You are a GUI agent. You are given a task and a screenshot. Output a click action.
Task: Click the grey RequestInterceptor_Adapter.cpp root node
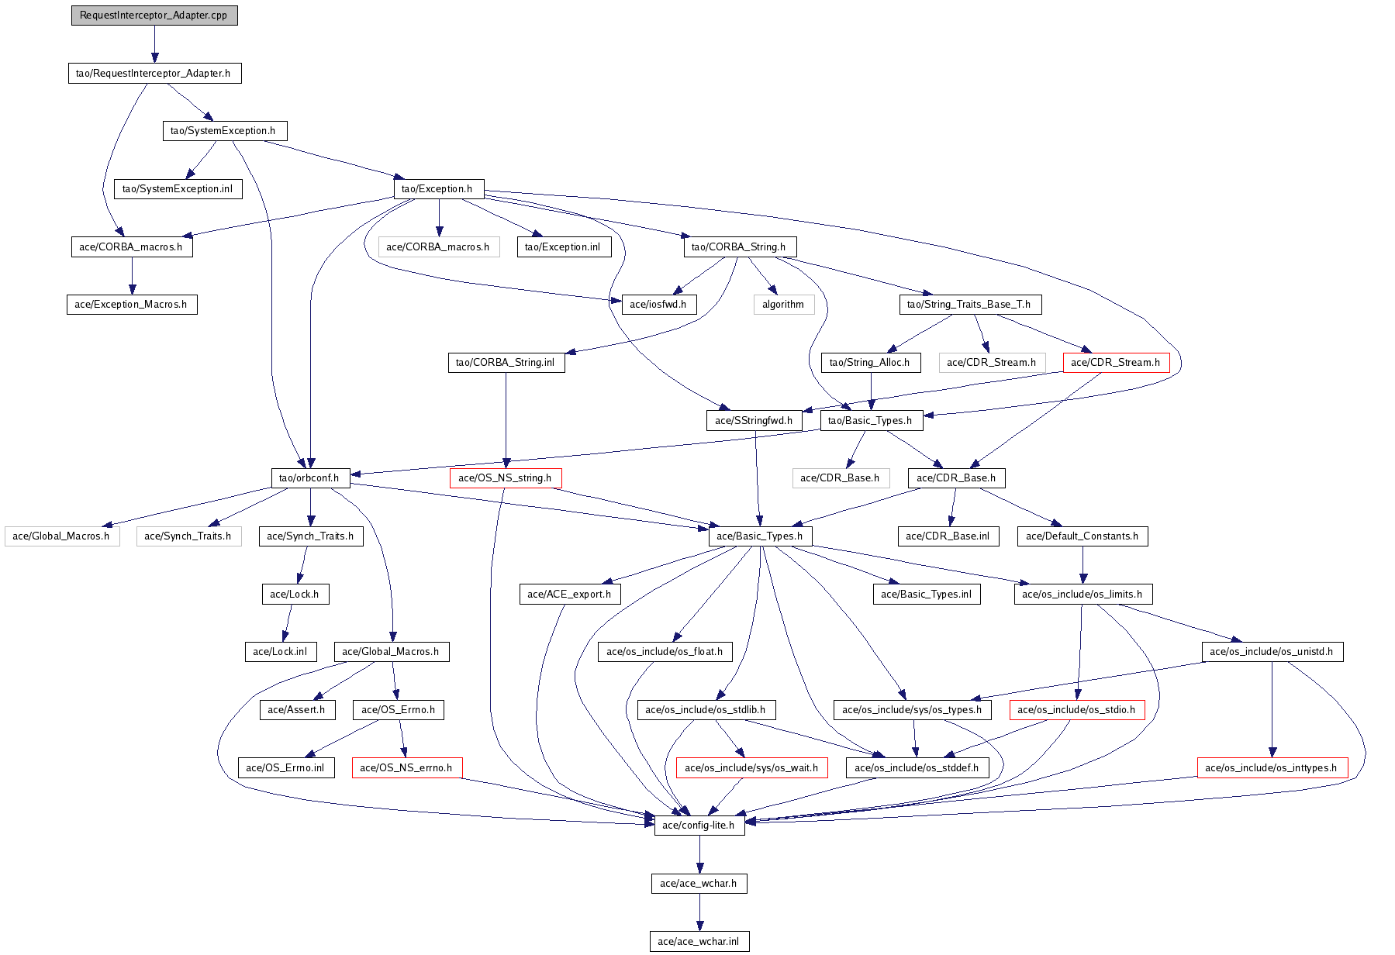pyautogui.click(x=154, y=16)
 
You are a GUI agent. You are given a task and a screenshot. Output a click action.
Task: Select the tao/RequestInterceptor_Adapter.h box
pyautogui.click(x=154, y=73)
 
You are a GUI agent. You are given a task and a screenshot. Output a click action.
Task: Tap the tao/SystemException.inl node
pyautogui.click(x=178, y=188)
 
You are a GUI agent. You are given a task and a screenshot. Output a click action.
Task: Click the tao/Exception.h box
pyautogui.click(x=438, y=188)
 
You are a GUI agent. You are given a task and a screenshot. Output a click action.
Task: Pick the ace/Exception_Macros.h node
pyautogui.click(x=132, y=304)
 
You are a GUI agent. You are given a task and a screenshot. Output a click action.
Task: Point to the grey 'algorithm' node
pyautogui.click(x=783, y=304)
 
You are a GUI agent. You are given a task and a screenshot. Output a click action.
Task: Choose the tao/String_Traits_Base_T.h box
pyautogui.click(x=969, y=304)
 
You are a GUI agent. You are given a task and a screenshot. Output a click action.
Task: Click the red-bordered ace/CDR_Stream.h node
pyautogui.click(x=1116, y=362)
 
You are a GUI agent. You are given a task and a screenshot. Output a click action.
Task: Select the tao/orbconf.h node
pyautogui.click(x=310, y=477)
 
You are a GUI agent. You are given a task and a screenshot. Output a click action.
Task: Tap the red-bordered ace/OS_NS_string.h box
pyautogui.click(x=506, y=477)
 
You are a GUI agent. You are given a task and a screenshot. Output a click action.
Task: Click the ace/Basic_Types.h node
pyautogui.click(x=760, y=536)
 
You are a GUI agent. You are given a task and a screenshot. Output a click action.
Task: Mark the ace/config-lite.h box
pyautogui.click(x=699, y=825)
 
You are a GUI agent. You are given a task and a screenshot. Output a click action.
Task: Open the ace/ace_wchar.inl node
pyautogui.click(x=699, y=941)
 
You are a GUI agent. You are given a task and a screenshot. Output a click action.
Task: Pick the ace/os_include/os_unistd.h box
pyautogui.click(x=1272, y=651)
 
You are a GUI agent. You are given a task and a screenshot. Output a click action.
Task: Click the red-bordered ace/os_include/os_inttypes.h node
pyautogui.click(x=1272, y=767)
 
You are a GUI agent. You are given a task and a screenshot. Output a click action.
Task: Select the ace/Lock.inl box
pyautogui.click(x=280, y=651)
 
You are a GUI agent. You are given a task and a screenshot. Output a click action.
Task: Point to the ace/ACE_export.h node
pyautogui.click(x=569, y=594)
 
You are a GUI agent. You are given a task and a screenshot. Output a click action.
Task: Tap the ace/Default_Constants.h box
pyautogui.click(x=1083, y=536)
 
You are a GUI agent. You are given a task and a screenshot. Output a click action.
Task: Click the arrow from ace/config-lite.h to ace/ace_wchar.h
pyautogui.click(x=699, y=854)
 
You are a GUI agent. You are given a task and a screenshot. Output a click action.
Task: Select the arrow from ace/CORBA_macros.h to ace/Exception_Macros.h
pyautogui.click(x=132, y=275)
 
